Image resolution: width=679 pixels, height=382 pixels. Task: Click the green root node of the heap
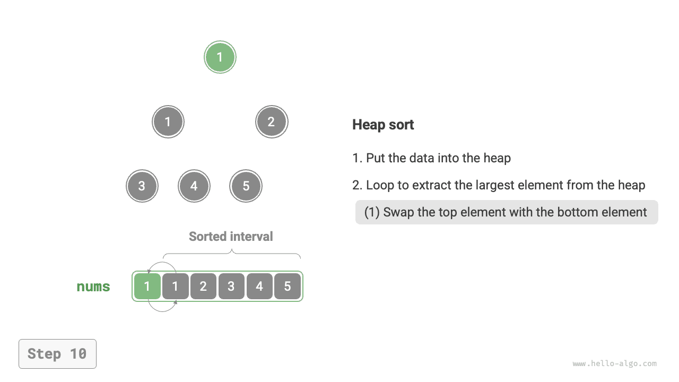tap(220, 57)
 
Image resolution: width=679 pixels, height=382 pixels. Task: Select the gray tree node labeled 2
tap(271, 122)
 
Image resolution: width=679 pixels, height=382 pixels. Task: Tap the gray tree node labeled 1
tap(168, 122)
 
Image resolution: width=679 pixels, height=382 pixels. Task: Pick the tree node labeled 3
tap(142, 186)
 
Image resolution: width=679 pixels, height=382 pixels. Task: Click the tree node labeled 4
tap(194, 186)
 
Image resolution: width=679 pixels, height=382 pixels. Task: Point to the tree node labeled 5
tap(246, 186)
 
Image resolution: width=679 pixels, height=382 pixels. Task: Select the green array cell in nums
tap(147, 286)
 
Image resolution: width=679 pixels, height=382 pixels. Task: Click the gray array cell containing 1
tap(175, 286)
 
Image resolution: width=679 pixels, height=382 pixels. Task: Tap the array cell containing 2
tap(203, 286)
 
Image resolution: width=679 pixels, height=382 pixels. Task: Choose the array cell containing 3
tap(231, 286)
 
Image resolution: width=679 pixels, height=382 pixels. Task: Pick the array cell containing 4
tap(259, 286)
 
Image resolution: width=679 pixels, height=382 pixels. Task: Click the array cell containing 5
tap(288, 286)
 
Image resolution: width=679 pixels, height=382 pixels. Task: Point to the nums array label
tap(93, 287)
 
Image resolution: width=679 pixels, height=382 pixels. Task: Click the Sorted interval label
tap(231, 237)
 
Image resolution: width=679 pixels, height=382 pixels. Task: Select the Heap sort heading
tap(383, 125)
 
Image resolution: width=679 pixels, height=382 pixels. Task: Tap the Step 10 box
tap(57, 354)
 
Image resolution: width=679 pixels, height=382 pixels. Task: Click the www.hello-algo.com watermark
tap(614, 364)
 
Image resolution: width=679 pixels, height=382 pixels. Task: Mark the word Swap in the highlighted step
tap(398, 212)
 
